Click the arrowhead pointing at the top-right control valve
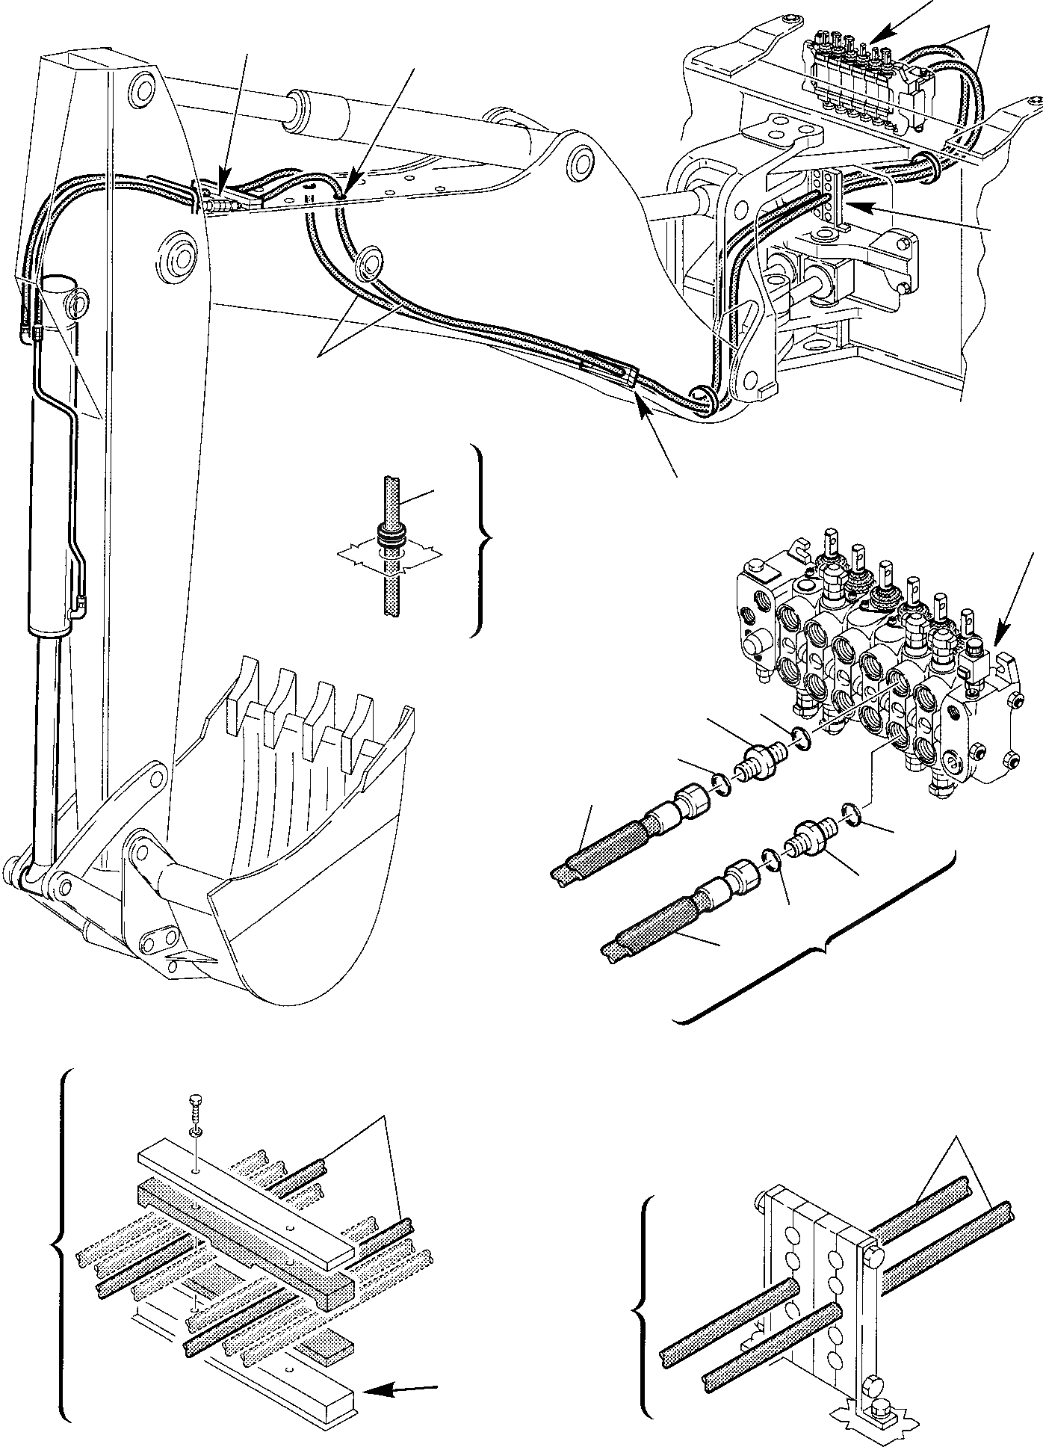[879, 35]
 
